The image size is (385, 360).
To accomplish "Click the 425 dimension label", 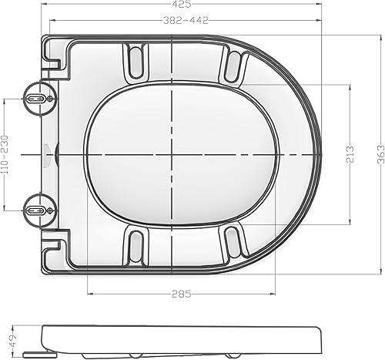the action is pos(181,4).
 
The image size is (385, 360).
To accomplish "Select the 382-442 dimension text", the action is pos(186,21).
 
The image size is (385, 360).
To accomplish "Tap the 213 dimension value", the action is pos(350,154).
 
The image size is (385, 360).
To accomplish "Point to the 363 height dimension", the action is pos(381,154).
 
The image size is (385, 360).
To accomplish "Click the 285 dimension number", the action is pos(182,294).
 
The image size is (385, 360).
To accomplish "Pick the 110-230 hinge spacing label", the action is pos(5,154).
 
